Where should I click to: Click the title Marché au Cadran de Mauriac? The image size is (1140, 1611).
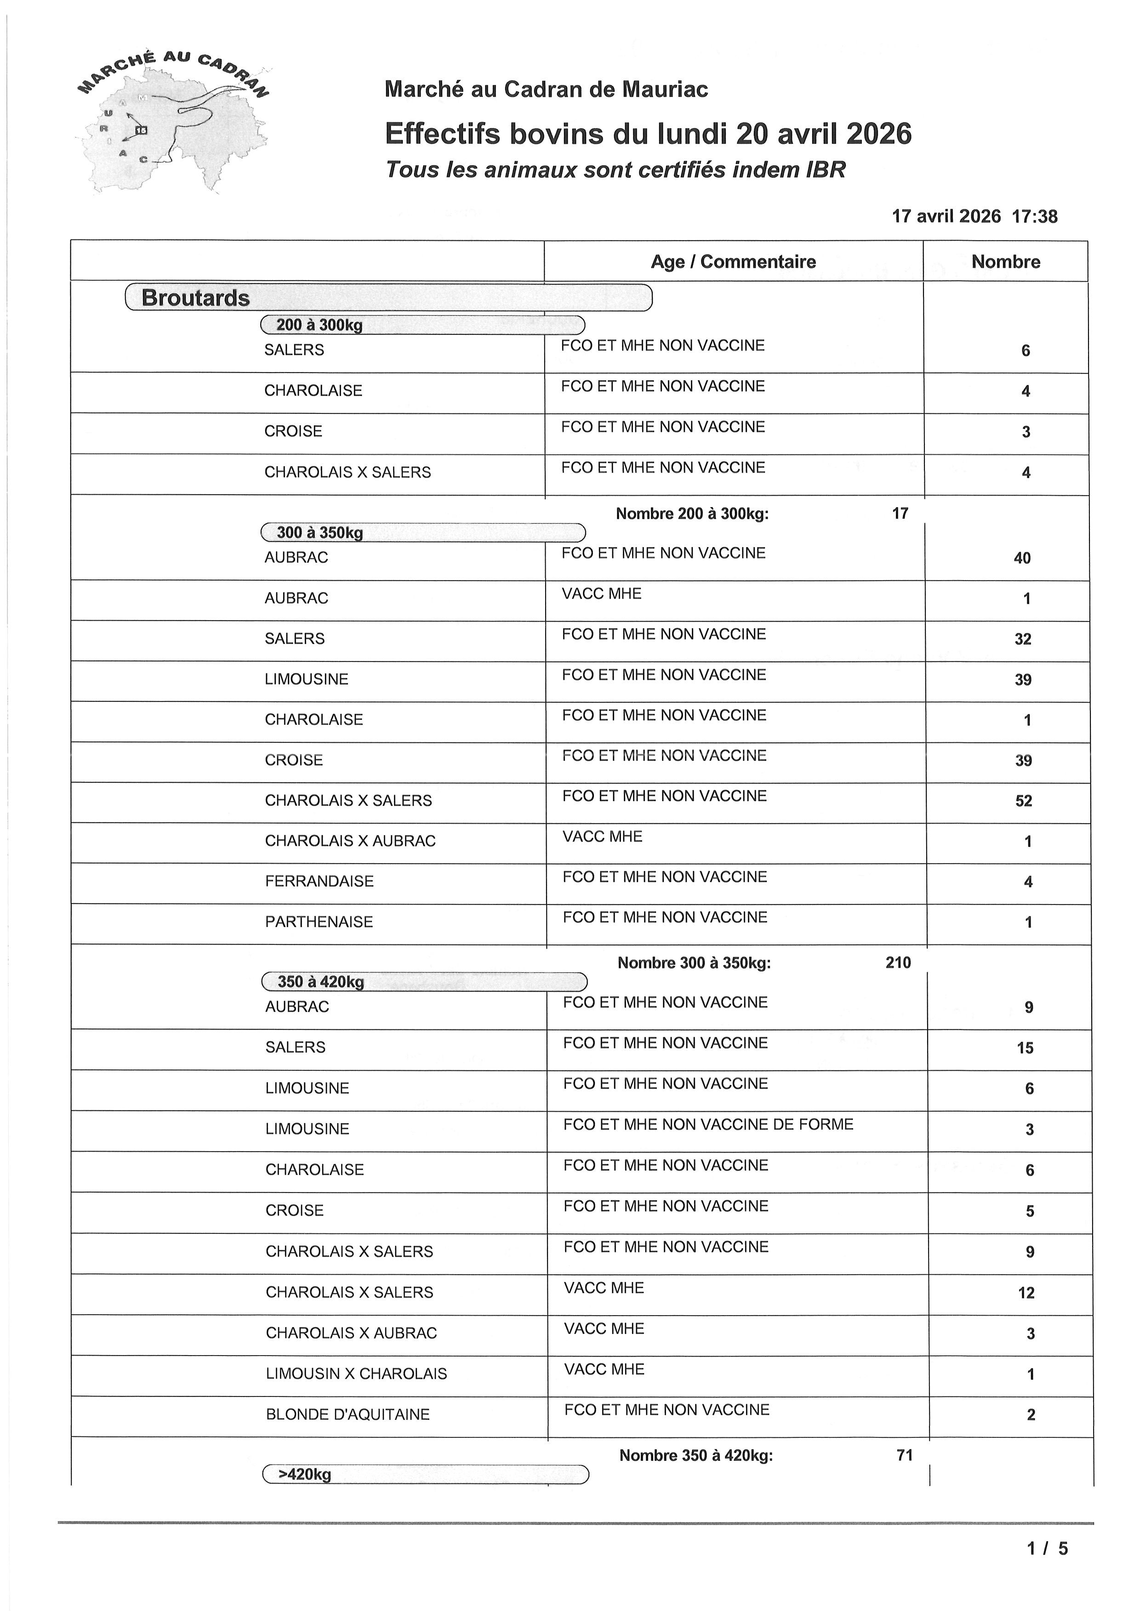546,89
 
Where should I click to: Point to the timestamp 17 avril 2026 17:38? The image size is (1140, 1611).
975,216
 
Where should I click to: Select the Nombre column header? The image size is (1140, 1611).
1005,262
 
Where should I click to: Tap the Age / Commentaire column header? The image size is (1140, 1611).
733,262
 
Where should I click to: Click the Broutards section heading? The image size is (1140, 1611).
196,298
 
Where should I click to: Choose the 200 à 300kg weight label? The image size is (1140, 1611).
319,325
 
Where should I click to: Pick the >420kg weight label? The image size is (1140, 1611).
305,1474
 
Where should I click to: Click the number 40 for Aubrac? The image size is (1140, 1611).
1022,558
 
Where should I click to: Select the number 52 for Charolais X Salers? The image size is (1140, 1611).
1024,801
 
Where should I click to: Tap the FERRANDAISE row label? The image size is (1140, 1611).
319,881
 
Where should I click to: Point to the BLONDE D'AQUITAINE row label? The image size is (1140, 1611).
348,1414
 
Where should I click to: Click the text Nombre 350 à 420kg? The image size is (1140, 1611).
695,1455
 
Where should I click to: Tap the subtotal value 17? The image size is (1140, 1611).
900,514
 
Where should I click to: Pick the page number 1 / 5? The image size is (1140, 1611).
1047,1548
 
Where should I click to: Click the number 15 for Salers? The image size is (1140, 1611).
1025,1047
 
